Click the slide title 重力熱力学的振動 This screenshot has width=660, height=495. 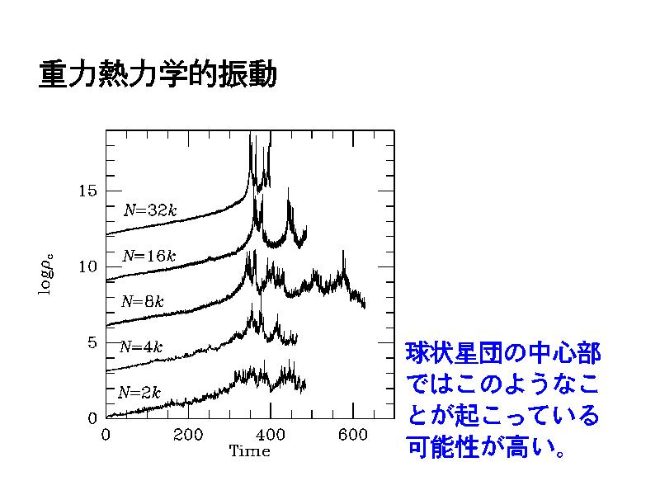click(158, 74)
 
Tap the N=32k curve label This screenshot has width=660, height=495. click(150, 210)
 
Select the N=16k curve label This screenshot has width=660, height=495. click(149, 256)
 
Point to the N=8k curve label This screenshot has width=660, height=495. click(142, 301)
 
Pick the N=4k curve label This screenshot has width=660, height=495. click(141, 346)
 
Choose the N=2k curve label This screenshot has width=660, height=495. click(139, 393)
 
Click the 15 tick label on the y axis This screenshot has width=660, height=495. click(87, 191)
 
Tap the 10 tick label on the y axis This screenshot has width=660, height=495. click(87, 266)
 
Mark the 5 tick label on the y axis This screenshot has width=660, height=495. click(92, 342)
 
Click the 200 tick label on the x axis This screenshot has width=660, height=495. click(188, 435)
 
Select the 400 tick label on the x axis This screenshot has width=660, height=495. click(271, 435)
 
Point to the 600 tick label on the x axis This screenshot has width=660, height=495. click(353, 435)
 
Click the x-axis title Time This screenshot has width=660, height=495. click(250, 450)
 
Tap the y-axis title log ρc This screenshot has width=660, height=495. click(46, 275)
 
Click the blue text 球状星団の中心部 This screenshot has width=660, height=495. click(503, 353)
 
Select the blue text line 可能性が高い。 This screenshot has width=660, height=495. click(486, 446)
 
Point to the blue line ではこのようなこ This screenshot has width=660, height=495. click(503, 384)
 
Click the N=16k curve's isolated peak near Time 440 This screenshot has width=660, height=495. click(288, 189)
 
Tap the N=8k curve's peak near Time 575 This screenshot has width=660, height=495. click(343, 251)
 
